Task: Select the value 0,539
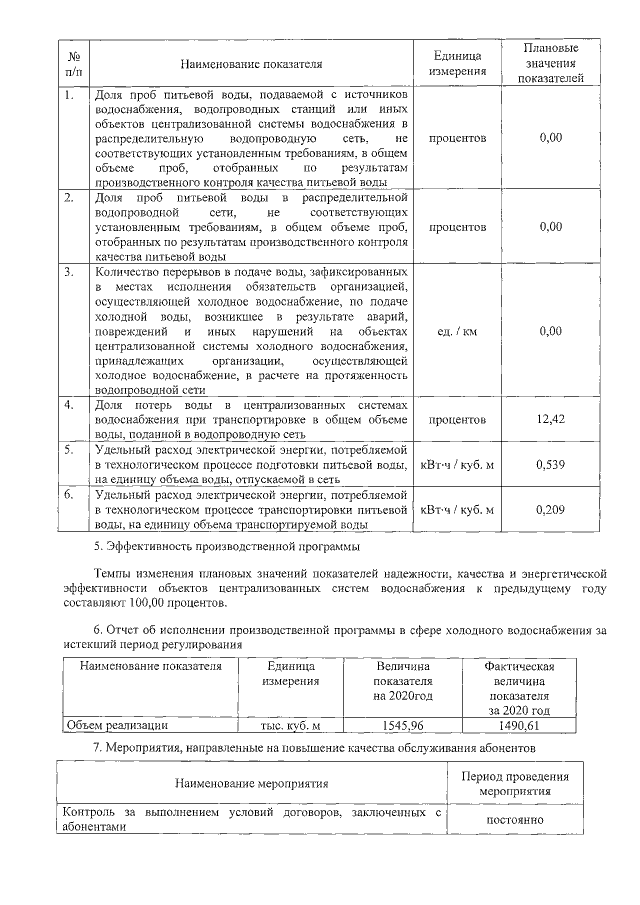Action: pyautogui.click(x=550, y=464)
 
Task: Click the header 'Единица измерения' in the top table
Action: pyautogui.click(x=458, y=64)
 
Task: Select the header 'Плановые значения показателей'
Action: pyautogui.click(x=550, y=64)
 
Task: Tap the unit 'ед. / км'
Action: pyautogui.click(x=458, y=331)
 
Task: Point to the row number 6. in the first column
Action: pyautogui.click(x=69, y=495)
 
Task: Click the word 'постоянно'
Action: pyautogui.click(x=514, y=820)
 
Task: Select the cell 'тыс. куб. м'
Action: pyautogui.click(x=289, y=725)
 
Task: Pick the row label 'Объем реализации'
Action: pyautogui.click(x=116, y=725)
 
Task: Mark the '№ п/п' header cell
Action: pyautogui.click(x=73, y=64)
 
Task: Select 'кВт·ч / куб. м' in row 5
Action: pyautogui.click(x=458, y=464)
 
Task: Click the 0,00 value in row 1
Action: pyautogui.click(x=550, y=137)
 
